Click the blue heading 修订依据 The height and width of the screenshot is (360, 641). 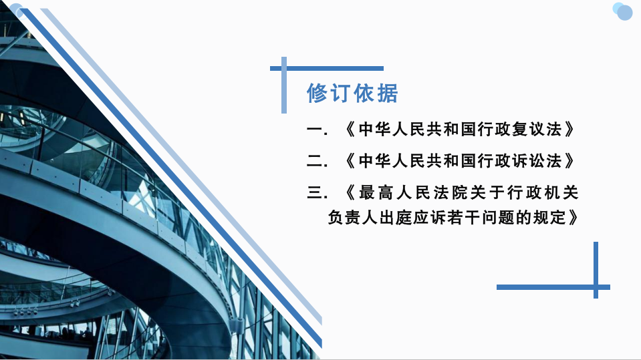[x=352, y=93]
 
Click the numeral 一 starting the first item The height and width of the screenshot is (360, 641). [x=314, y=130]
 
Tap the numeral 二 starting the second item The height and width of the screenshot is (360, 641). [x=314, y=161]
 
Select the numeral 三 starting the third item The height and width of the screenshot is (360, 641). [x=314, y=192]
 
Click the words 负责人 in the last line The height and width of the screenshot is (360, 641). [x=352, y=217]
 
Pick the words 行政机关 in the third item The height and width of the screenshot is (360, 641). [x=543, y=192]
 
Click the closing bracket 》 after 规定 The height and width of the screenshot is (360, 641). [x=573, y=217]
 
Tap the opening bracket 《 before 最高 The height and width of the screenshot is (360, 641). [x=350, y=192]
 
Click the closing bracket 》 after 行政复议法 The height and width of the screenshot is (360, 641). [x=569, y=130]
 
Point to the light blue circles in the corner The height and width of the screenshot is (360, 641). [x=622, y=11]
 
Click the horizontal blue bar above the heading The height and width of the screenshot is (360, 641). [x=327, y=68]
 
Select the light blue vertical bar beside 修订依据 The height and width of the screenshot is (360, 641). [x=283, y=85]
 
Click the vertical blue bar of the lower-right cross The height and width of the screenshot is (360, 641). [x=596, y=270]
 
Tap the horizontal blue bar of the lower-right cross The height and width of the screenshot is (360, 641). [x=553, y=287]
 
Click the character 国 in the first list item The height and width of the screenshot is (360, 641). [x=467, y=130]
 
